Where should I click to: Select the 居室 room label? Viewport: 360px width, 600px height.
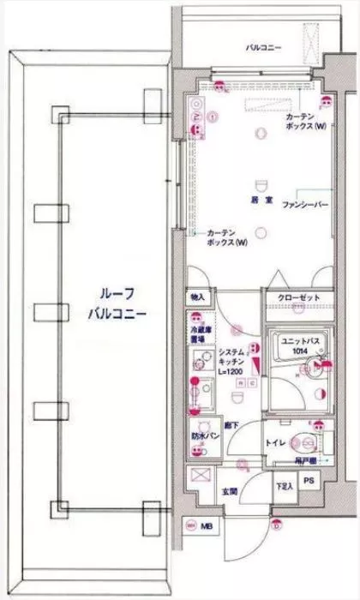tap(262, 199)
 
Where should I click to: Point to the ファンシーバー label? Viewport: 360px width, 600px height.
tap(299, 207)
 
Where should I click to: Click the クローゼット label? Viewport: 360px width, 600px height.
tap(299, 297)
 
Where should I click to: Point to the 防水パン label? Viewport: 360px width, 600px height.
tap(201, 435)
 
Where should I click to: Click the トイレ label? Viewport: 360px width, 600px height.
tap(275, 443)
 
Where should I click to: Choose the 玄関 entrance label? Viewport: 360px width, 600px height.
tap(231, 491)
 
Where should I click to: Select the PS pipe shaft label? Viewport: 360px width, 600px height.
tap(309, 481)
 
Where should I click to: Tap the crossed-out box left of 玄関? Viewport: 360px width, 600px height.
tap(200, 477)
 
